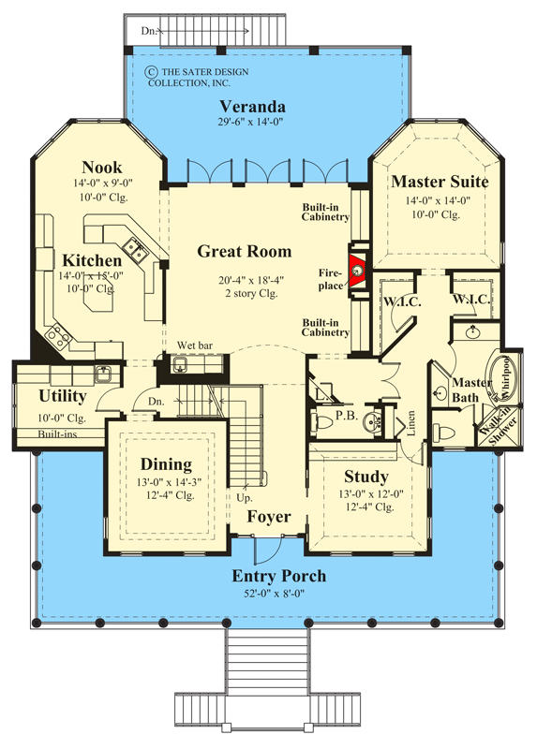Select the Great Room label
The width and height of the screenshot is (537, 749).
[x=244, y=251]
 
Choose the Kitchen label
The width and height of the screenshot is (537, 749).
[x=92, y=259]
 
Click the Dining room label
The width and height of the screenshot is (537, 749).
[x=166, y=463]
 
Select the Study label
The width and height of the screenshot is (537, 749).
[x=365, y=475]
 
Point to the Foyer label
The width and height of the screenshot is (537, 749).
[x=269, y=516]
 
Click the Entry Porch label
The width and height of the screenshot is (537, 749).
[x=279, y=575]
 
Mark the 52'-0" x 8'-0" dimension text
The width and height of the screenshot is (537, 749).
[x=279, y=593]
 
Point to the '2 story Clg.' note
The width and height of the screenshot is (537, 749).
[x=244, y=293]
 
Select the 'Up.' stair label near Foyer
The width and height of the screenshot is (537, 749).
[x=248, y=498]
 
